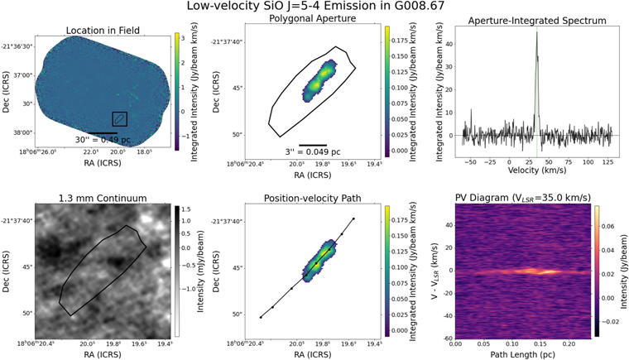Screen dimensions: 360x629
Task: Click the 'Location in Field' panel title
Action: click(101, 31)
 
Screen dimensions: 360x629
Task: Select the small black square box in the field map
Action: click(119, 118)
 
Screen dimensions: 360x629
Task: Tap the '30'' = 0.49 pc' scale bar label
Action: click(106, 140)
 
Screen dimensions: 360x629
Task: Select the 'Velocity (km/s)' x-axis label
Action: click(536, 175)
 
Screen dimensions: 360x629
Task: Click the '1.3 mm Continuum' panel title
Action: click(101, 199)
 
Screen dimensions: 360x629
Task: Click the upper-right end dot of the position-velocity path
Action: click(354, 219)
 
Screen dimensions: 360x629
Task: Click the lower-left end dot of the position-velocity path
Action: click(262, 317)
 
